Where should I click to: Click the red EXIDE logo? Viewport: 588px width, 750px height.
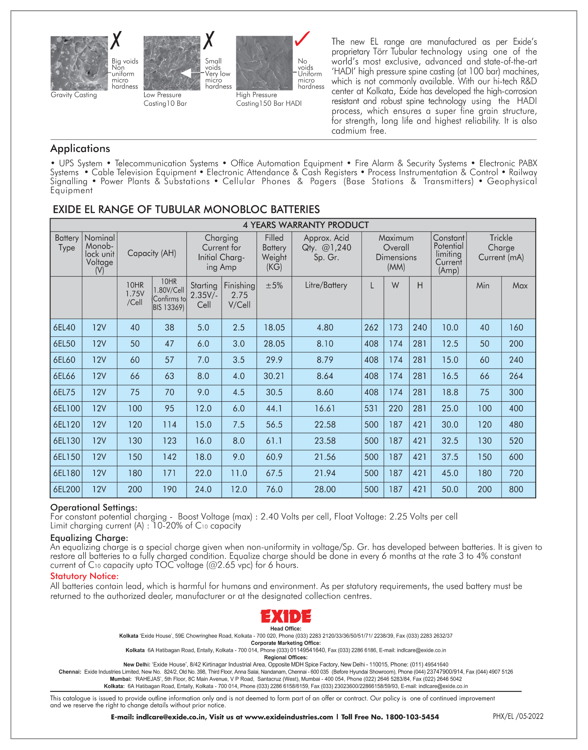click(286, 616)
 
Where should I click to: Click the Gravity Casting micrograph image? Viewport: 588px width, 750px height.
click(79, 63)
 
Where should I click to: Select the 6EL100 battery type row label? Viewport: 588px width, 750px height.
click(66, 408)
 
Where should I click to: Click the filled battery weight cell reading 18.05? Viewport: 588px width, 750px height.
click(274, 327)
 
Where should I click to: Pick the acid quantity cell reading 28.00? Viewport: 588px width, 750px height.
click(325, 489)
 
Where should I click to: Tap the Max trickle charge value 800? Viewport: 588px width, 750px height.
click(516, 489)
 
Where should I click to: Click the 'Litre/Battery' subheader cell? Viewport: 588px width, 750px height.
click(326, 285)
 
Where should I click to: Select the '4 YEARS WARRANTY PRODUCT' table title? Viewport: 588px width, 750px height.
click(306, 225)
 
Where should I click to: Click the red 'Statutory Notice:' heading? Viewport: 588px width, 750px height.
click(84, 576)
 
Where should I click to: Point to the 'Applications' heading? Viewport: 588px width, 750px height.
click(80, 148)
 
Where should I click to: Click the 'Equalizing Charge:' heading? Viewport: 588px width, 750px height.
click(89, 538)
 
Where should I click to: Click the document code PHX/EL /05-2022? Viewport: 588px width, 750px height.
click(518, 716)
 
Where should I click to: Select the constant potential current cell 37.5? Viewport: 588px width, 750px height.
click(450, 457)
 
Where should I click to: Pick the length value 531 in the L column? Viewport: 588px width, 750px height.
click(371, 408)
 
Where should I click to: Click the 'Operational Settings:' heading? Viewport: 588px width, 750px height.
click(94, 507)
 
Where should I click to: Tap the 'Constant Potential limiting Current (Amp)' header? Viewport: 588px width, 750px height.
click(448, 254)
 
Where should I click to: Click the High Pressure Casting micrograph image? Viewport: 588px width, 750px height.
click(264, 63)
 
